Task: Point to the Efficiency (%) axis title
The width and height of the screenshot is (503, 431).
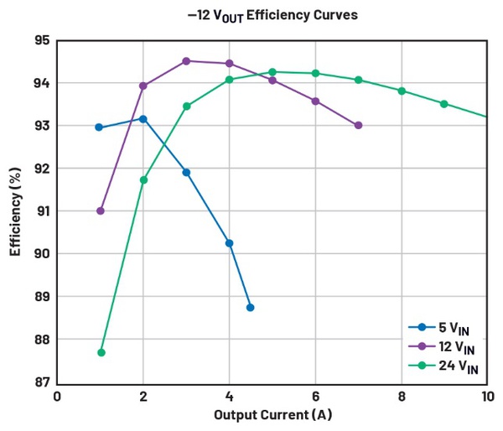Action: coord(15,212)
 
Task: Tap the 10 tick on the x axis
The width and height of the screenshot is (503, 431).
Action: coord(486,397)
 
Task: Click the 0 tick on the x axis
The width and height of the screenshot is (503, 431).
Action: coord(57,397)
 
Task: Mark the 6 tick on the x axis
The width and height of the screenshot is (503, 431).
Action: coord(315,397)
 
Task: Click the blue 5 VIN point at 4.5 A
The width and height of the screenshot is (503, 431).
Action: coord(250,307)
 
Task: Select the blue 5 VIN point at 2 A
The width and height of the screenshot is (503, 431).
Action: coord(143,119)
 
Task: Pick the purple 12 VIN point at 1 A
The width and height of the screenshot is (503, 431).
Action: coord(101,210)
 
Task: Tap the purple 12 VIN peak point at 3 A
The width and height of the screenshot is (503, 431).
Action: coord(186,61)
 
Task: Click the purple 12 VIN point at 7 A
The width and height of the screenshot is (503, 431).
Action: coord(358,125)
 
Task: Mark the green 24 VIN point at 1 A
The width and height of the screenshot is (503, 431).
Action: coord(101,352)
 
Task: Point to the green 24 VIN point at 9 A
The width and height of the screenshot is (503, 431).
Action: coord(443,104)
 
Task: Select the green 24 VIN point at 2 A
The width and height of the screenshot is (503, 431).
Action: coord(143,179)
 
